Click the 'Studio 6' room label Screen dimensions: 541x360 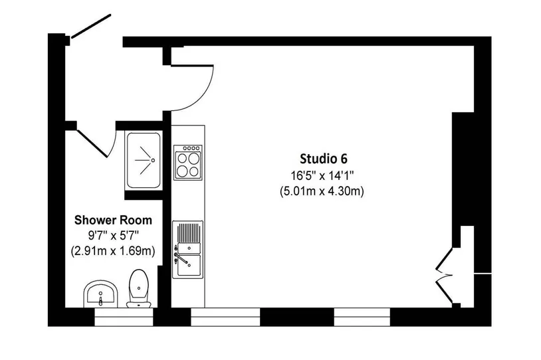click(x=323, y=159)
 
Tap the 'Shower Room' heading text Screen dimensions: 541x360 click(x=113, y=220)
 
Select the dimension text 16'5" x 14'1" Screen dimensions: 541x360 click(x=322, y=176)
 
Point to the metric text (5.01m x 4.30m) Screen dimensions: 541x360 click(x=322, y=191)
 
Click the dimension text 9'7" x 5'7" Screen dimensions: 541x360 click(x=113, y=236)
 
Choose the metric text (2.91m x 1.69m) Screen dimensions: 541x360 click(x=113, y=250)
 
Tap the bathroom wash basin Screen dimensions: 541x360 click(x=101, y=294)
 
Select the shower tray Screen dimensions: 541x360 click(x=144, y=160)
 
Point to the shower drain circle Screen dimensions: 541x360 click(x=153, y=160)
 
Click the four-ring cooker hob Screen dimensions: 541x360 click(x=188, y=162)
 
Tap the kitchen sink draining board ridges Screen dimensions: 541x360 click(x=188, y=232)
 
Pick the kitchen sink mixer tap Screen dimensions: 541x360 click(x=181, y=258)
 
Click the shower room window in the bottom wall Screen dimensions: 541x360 click(x=124, y=317)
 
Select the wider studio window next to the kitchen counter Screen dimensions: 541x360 click(x=225, y=317)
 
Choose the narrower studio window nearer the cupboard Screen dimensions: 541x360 click(x=362, y=317)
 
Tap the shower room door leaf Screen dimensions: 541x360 click(x=92, y=143)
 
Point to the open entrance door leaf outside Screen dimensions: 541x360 click(x=91, y=25)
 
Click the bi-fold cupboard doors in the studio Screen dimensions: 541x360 click(x=444, y=276)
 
